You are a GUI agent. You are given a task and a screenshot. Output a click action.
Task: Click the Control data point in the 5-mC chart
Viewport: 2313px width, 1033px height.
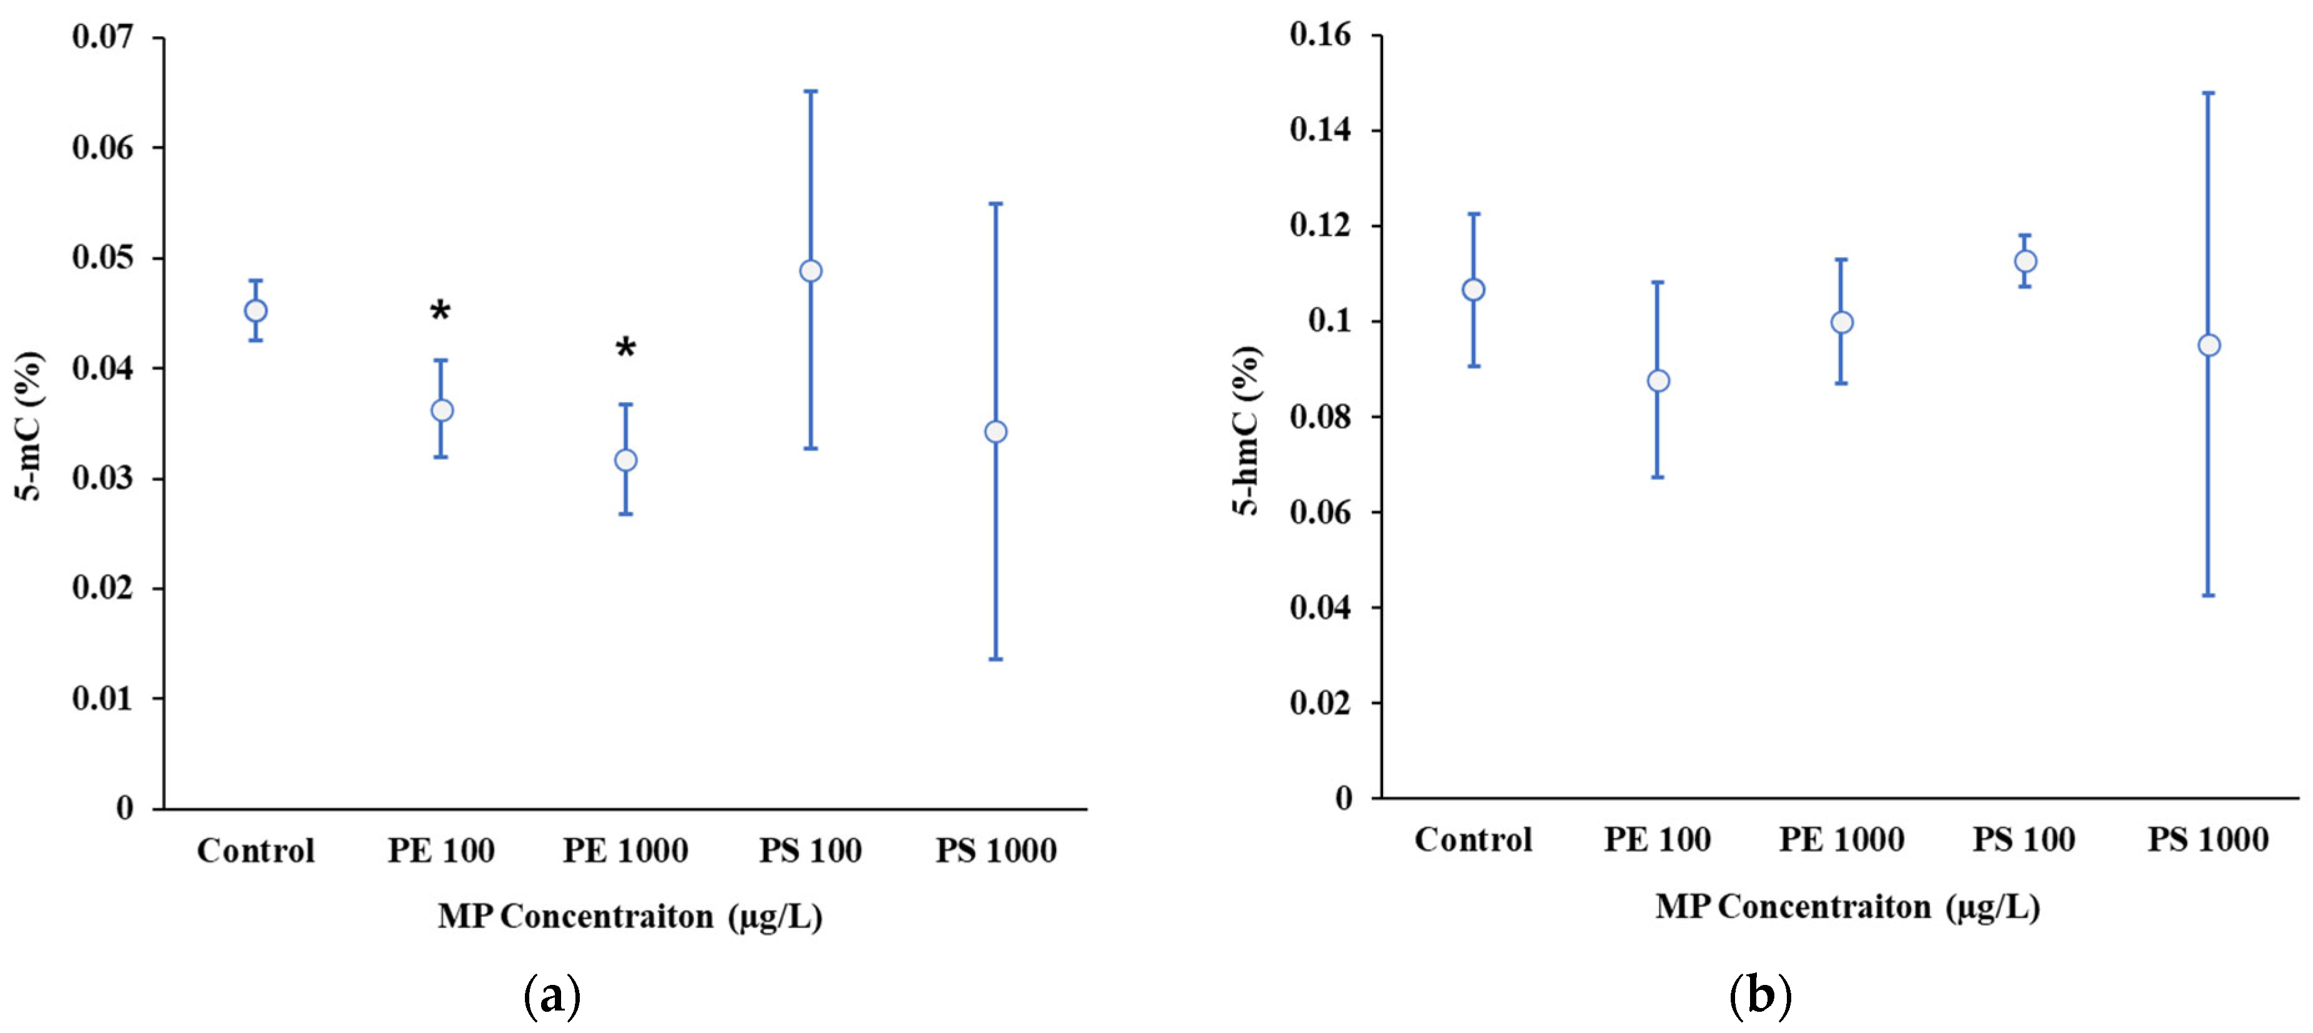coord(256,311)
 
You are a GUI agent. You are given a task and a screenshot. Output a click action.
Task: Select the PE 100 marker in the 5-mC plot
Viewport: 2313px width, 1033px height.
coord(442,411)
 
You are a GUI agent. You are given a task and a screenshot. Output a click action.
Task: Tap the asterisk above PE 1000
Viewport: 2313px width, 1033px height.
coord(626,348)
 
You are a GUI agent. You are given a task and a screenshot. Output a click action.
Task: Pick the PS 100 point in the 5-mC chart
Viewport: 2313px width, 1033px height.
coord(811,270)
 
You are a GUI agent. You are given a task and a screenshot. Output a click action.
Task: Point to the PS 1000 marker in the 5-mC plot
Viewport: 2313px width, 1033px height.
coord(995,432)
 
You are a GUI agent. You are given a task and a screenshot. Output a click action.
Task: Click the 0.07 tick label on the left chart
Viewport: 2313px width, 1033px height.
coord(102,37)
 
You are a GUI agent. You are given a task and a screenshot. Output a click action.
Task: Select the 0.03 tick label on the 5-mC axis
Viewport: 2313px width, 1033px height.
coord(102,478)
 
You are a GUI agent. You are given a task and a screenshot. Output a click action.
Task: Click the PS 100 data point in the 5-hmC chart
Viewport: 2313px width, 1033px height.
coord(2026,262)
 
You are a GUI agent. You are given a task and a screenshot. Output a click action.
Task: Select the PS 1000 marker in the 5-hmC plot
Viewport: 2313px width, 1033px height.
coord(2209,346)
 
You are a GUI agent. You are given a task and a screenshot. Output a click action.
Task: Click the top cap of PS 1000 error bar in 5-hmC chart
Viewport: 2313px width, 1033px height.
coord(2209,92)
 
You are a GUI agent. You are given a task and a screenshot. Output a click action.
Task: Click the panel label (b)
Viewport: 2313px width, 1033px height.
coord(1760,996)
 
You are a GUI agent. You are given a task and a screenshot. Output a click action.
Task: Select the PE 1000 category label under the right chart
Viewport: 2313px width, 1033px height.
coord(1842,840)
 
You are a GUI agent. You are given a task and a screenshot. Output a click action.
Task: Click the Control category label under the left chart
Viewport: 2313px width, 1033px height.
coord(256,851)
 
